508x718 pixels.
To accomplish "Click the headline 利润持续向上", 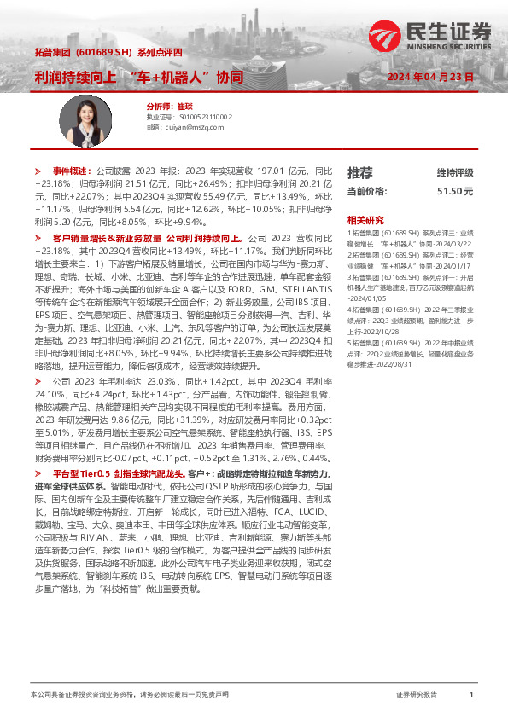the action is tap(69, 77).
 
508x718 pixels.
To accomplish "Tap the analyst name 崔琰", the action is tap(185, 106).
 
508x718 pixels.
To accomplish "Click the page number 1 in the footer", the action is tap(471, 695).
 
